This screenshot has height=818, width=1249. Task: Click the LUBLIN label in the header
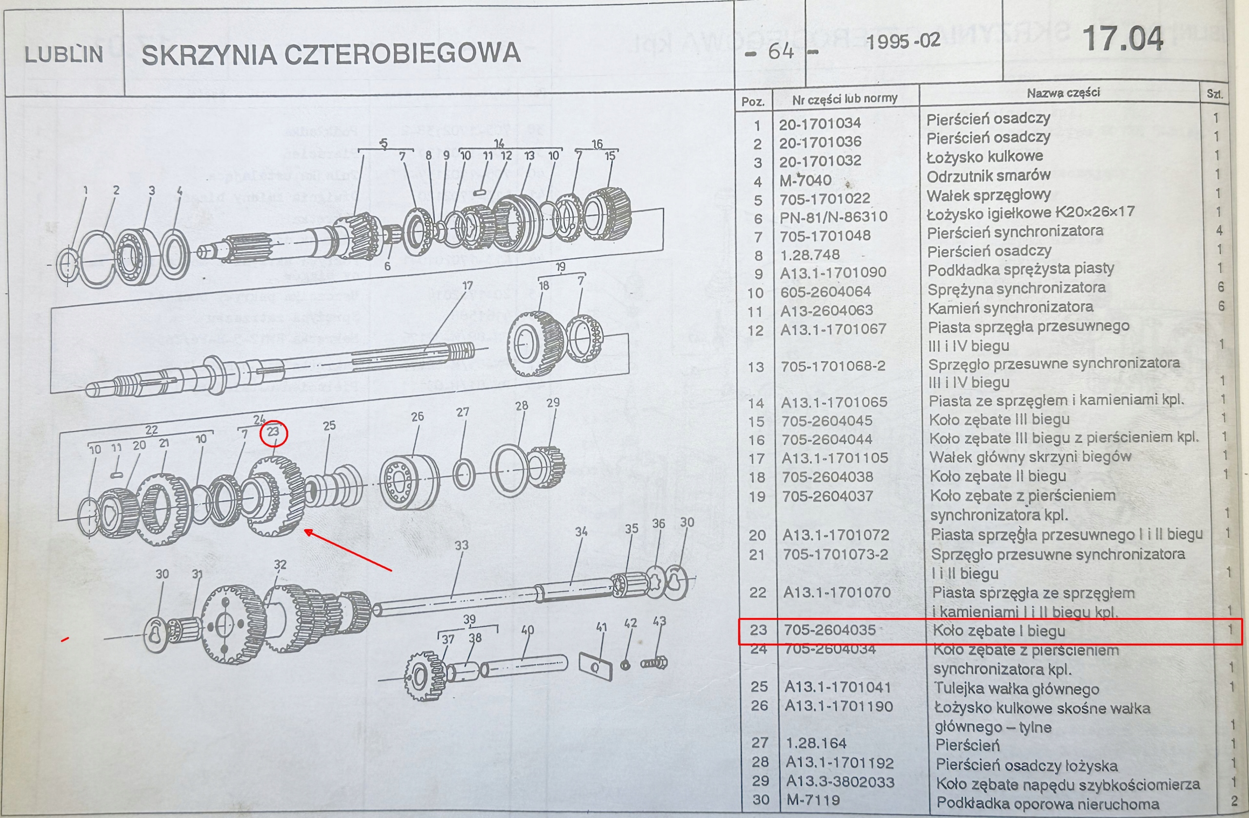click(63, 55)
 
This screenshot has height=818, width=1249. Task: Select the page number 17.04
click(1123, 40)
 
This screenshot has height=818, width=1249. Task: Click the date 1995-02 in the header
click(903, 41)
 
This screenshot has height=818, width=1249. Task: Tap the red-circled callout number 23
click(273, 432)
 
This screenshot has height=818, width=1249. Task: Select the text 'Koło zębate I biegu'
click(999, 631)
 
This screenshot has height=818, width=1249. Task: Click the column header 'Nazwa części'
click(1063, 93)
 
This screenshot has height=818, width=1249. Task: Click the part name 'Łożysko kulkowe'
click(985, 157)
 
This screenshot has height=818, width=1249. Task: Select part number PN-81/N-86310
click(833, 217)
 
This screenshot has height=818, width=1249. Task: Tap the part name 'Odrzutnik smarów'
click(988, 176)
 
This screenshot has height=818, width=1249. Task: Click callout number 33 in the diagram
click(461, 546)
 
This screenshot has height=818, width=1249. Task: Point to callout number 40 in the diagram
click(527, 630)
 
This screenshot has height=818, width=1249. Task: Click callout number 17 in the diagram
click(467, 286)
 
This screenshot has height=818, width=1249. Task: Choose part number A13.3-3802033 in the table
click(840, 781)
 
